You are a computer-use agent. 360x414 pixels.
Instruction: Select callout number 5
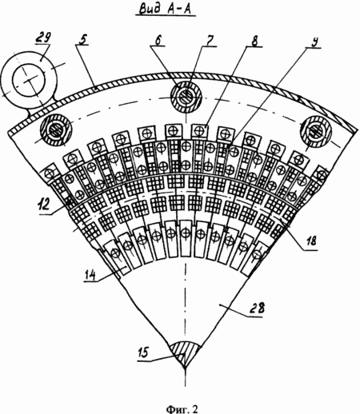point(83,39)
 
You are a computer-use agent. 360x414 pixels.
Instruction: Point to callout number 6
point(158,42)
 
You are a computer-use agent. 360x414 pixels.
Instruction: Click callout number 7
point(210,42)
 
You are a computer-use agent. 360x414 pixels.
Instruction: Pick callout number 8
point(254,42)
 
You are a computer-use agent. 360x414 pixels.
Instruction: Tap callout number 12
point(44,205)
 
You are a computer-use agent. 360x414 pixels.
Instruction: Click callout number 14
point(90,275)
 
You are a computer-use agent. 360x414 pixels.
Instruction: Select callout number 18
point(310,241)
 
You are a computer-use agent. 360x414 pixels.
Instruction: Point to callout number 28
point(257,308)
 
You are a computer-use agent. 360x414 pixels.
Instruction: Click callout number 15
point(142,352)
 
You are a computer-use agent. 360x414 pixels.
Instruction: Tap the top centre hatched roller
point(186,96)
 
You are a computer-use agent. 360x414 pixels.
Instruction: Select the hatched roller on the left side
point(56,129)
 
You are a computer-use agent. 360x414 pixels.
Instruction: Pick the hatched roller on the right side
point(316,130)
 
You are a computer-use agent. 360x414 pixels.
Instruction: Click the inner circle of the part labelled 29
point(29,81)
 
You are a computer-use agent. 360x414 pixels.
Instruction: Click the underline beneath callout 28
point(254,316)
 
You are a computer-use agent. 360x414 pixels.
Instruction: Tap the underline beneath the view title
point(166,16)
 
